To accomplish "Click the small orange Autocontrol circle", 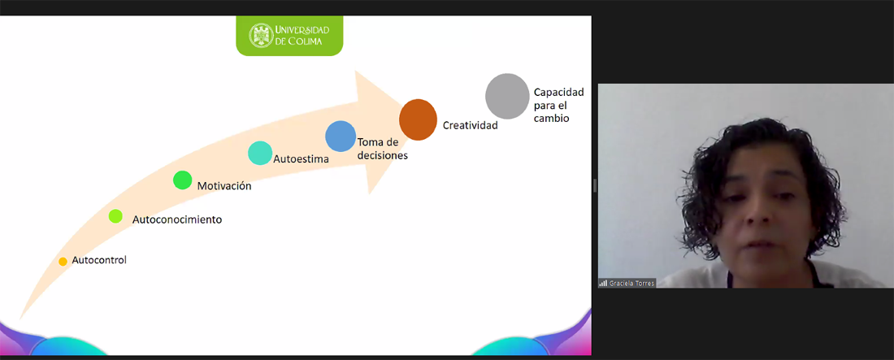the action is coord(63,262).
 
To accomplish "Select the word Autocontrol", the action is coord(99,259).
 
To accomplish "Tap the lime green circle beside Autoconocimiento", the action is coord(115,215).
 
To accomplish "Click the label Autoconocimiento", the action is coord(176,219).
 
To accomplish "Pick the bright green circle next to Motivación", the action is coord(182,180).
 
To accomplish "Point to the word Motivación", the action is coord(224,186).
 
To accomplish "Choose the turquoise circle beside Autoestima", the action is coord(260,153).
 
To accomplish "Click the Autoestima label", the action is coord(301,159).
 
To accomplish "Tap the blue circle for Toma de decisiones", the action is coord(341,136).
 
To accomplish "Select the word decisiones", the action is coord(383,155).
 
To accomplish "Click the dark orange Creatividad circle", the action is coord(418,119).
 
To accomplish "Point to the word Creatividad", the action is coord(471,125).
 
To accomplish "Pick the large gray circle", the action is coord(507,96).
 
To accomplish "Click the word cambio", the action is coord(551,118).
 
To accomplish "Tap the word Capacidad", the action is coord(559,92).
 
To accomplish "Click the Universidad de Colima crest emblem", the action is coord(261,36).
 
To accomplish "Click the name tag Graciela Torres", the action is coord(631,283).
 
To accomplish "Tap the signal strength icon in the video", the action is coord(603,283).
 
